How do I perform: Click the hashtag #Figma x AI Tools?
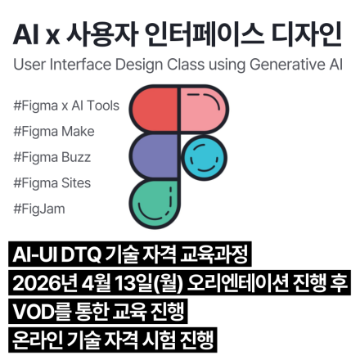(66, 106)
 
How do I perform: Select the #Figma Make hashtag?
(54, 131)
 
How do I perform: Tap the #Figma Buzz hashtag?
(52, 157)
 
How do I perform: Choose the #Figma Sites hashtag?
(52, 182)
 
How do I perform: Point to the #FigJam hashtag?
(39, 209)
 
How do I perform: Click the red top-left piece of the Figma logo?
(155, 109)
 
